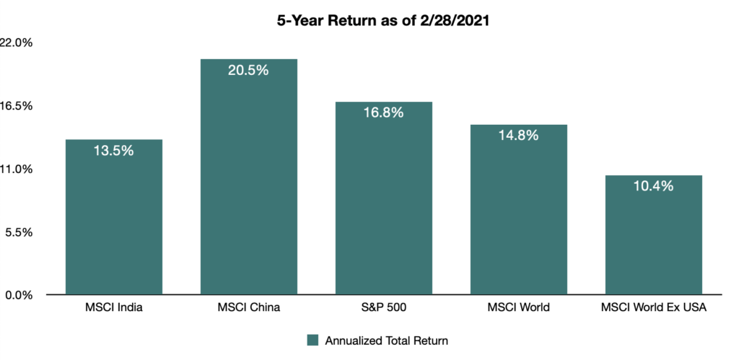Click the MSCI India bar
coord(113,216)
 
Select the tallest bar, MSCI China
coord(249,177)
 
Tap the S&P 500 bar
coord(384,198)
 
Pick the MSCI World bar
coord(518,210)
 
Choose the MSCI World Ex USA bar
coord(654,234)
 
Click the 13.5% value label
coord(113,151)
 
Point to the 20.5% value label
coord(248,70)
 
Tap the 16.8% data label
coord(384,113)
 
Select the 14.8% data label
coord(518,136)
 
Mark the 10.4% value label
coord(653,186)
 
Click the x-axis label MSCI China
coord(249,308)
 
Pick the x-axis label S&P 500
coord(384,308)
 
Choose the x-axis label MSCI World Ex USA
coord(654,308)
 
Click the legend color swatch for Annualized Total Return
coord(313,341)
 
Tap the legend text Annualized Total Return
coord(387,341)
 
